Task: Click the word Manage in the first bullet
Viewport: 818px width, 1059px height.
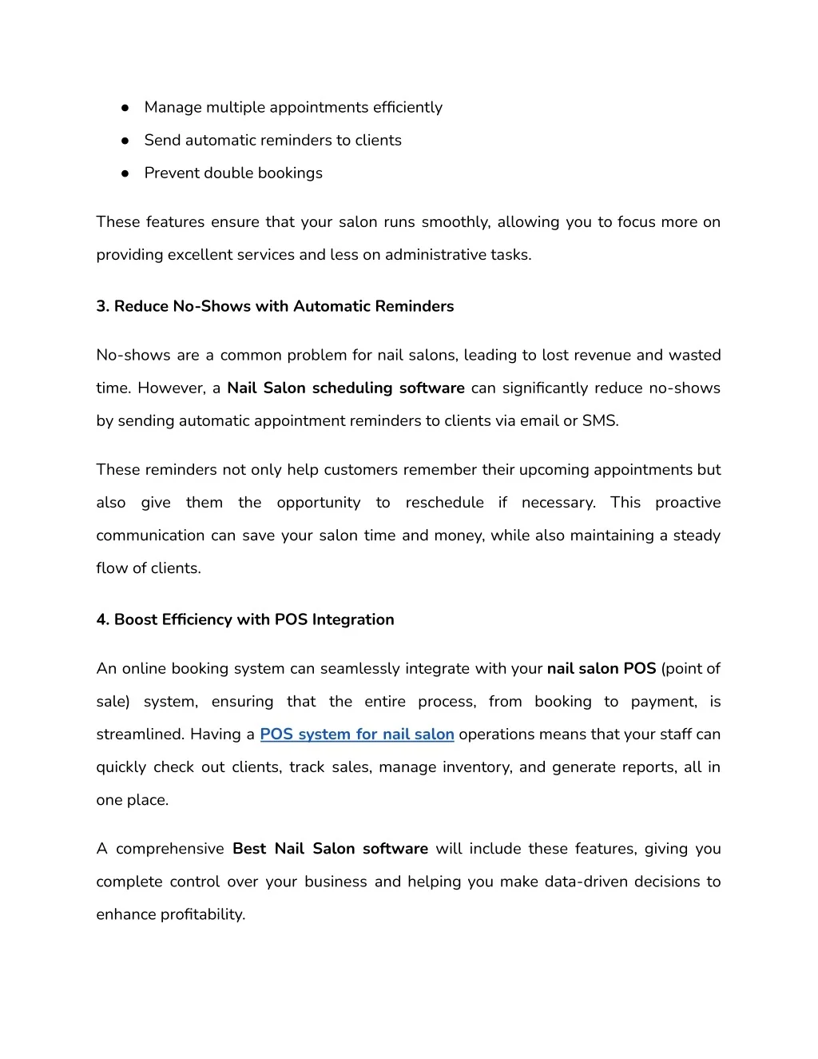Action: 173,108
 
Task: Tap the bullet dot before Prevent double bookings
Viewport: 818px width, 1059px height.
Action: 125,173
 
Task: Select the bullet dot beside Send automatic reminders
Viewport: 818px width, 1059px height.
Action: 125,141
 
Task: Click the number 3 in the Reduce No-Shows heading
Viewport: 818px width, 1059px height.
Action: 101,307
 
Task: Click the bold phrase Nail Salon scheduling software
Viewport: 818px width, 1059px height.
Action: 345,388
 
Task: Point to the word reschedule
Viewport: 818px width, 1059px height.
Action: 444,503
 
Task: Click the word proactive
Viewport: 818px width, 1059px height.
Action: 687,503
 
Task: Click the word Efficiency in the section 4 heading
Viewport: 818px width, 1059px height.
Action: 197,620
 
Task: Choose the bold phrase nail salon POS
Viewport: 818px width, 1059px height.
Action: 601,669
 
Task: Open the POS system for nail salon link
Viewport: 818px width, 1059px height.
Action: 356,735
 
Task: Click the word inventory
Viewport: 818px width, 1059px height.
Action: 477,767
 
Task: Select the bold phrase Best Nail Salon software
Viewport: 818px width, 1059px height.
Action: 330,849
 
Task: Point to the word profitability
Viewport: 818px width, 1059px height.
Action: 202,915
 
